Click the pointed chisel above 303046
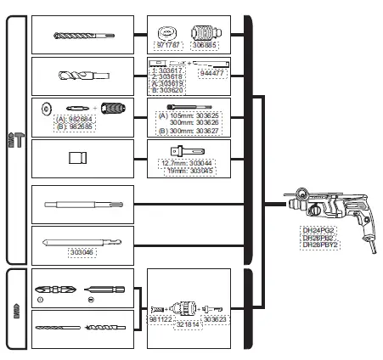click(x=82, y=240)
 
